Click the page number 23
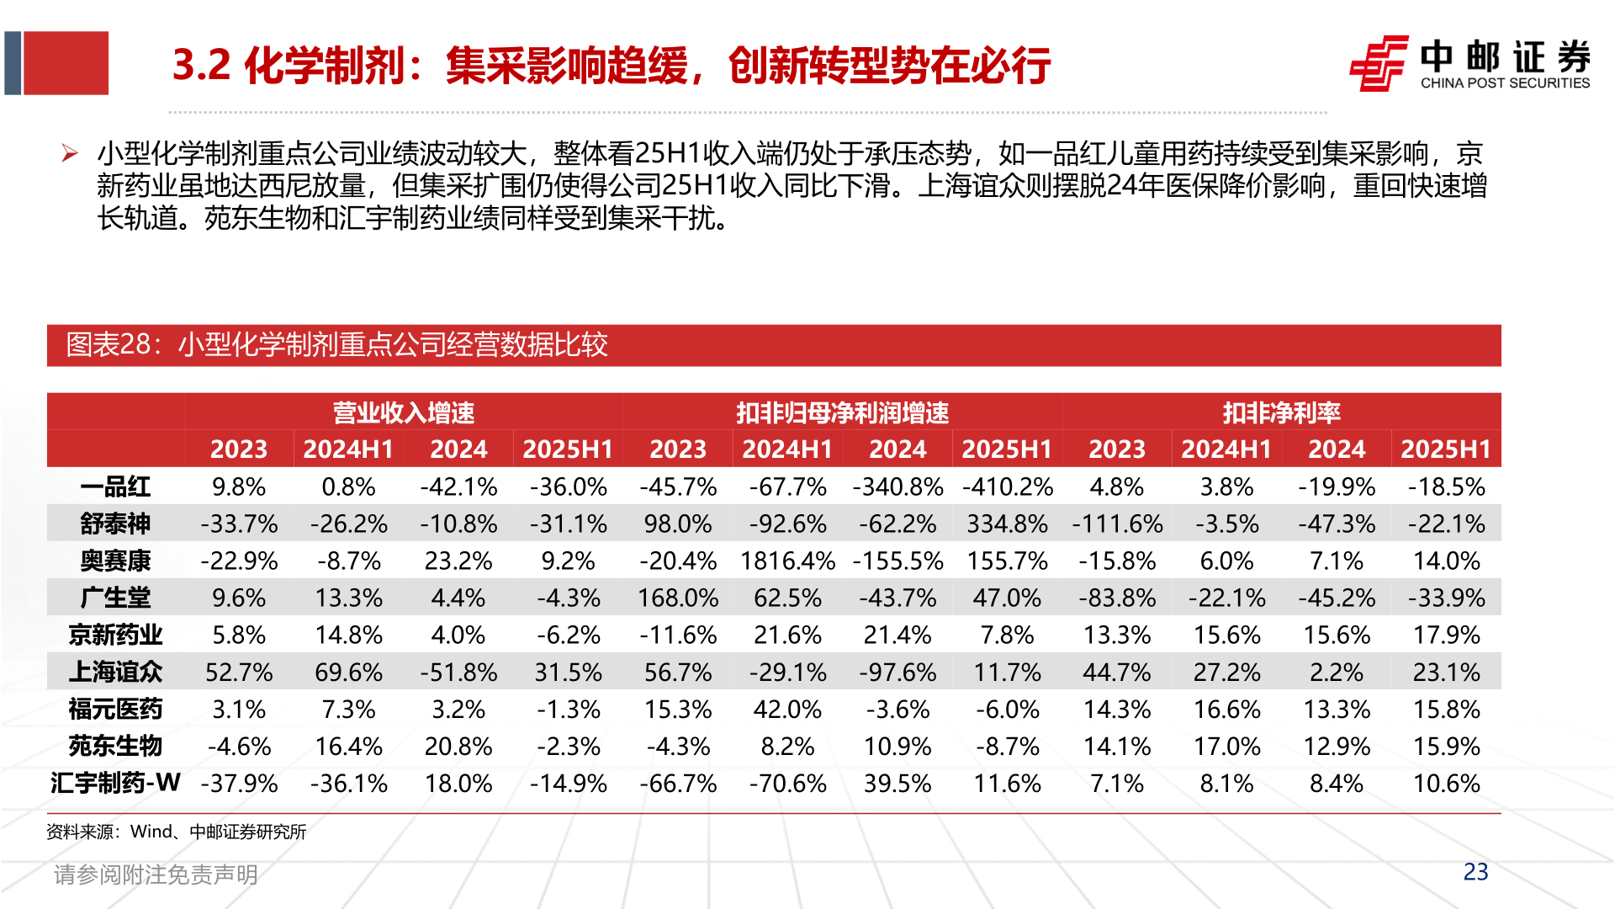pos(1475,872)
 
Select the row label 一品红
pos(115,486)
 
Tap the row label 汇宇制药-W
pos(115,783)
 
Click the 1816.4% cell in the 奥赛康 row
pos(787,561)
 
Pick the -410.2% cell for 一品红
pos(1007,486)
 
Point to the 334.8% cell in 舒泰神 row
pos(1007,524)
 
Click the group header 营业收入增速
pos(404,412)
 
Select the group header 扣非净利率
pos(1281,412)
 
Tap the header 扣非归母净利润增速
pos(842,412)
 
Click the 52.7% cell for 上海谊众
pos(239,672)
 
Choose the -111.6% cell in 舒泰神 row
pos(1117,524)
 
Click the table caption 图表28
pos(336,345)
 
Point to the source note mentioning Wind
pos(176,832)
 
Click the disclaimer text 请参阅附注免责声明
pos(156,874)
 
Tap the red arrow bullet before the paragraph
pos(70,153)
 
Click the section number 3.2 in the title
pos(201,65)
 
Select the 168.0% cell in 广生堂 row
pos(678,598)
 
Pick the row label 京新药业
pos(115,635)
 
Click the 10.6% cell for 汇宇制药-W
pos(1446,783)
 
